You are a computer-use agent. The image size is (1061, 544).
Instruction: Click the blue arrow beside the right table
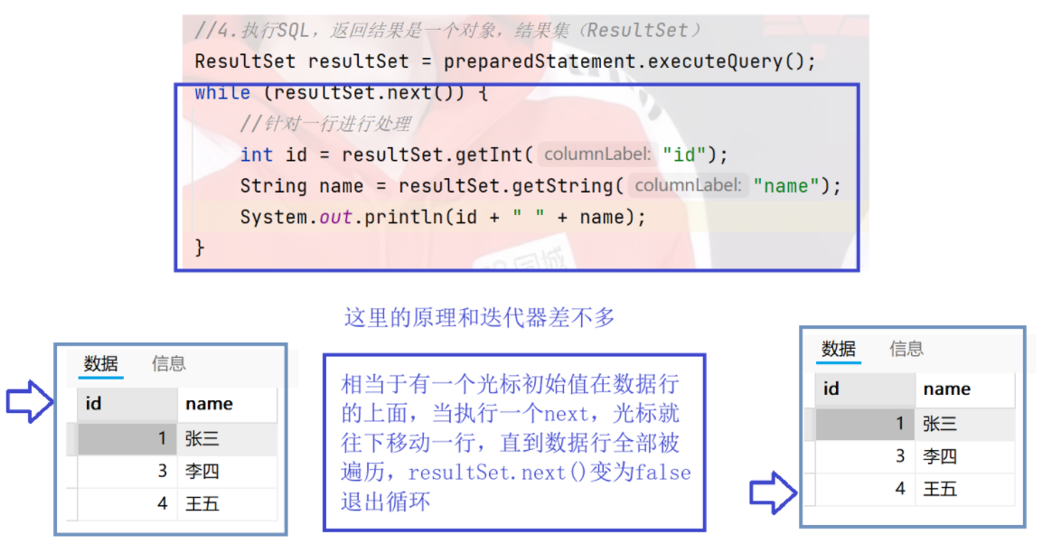(x=773, y=493)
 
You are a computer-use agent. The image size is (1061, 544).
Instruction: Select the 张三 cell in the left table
(x=202, y=439)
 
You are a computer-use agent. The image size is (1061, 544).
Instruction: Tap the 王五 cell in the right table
(x=940, y=489)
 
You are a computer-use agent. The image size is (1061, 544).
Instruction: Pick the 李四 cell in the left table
(x=202, y=471)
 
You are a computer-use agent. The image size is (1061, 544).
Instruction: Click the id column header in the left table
(x=94, y=404)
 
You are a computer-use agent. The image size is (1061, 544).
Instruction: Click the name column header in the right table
(x=947, y=389)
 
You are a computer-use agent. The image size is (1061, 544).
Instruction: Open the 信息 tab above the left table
(x=169, y=363)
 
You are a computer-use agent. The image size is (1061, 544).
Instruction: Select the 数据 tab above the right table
(x=839, y=349)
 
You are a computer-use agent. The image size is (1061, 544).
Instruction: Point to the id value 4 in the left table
(x=163, y=503)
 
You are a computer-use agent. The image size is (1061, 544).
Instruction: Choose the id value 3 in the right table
(x=900, y=456)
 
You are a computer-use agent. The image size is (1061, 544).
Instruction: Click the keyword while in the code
(x=222, y=93)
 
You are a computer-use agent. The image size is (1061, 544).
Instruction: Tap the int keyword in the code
(x=257, y=155)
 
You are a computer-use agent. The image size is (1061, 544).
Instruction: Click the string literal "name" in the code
(x=786, y=186)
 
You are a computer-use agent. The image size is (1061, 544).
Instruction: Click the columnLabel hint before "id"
(x=596, y=155)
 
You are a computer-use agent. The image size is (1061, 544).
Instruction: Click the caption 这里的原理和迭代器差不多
(x=479, y=317)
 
